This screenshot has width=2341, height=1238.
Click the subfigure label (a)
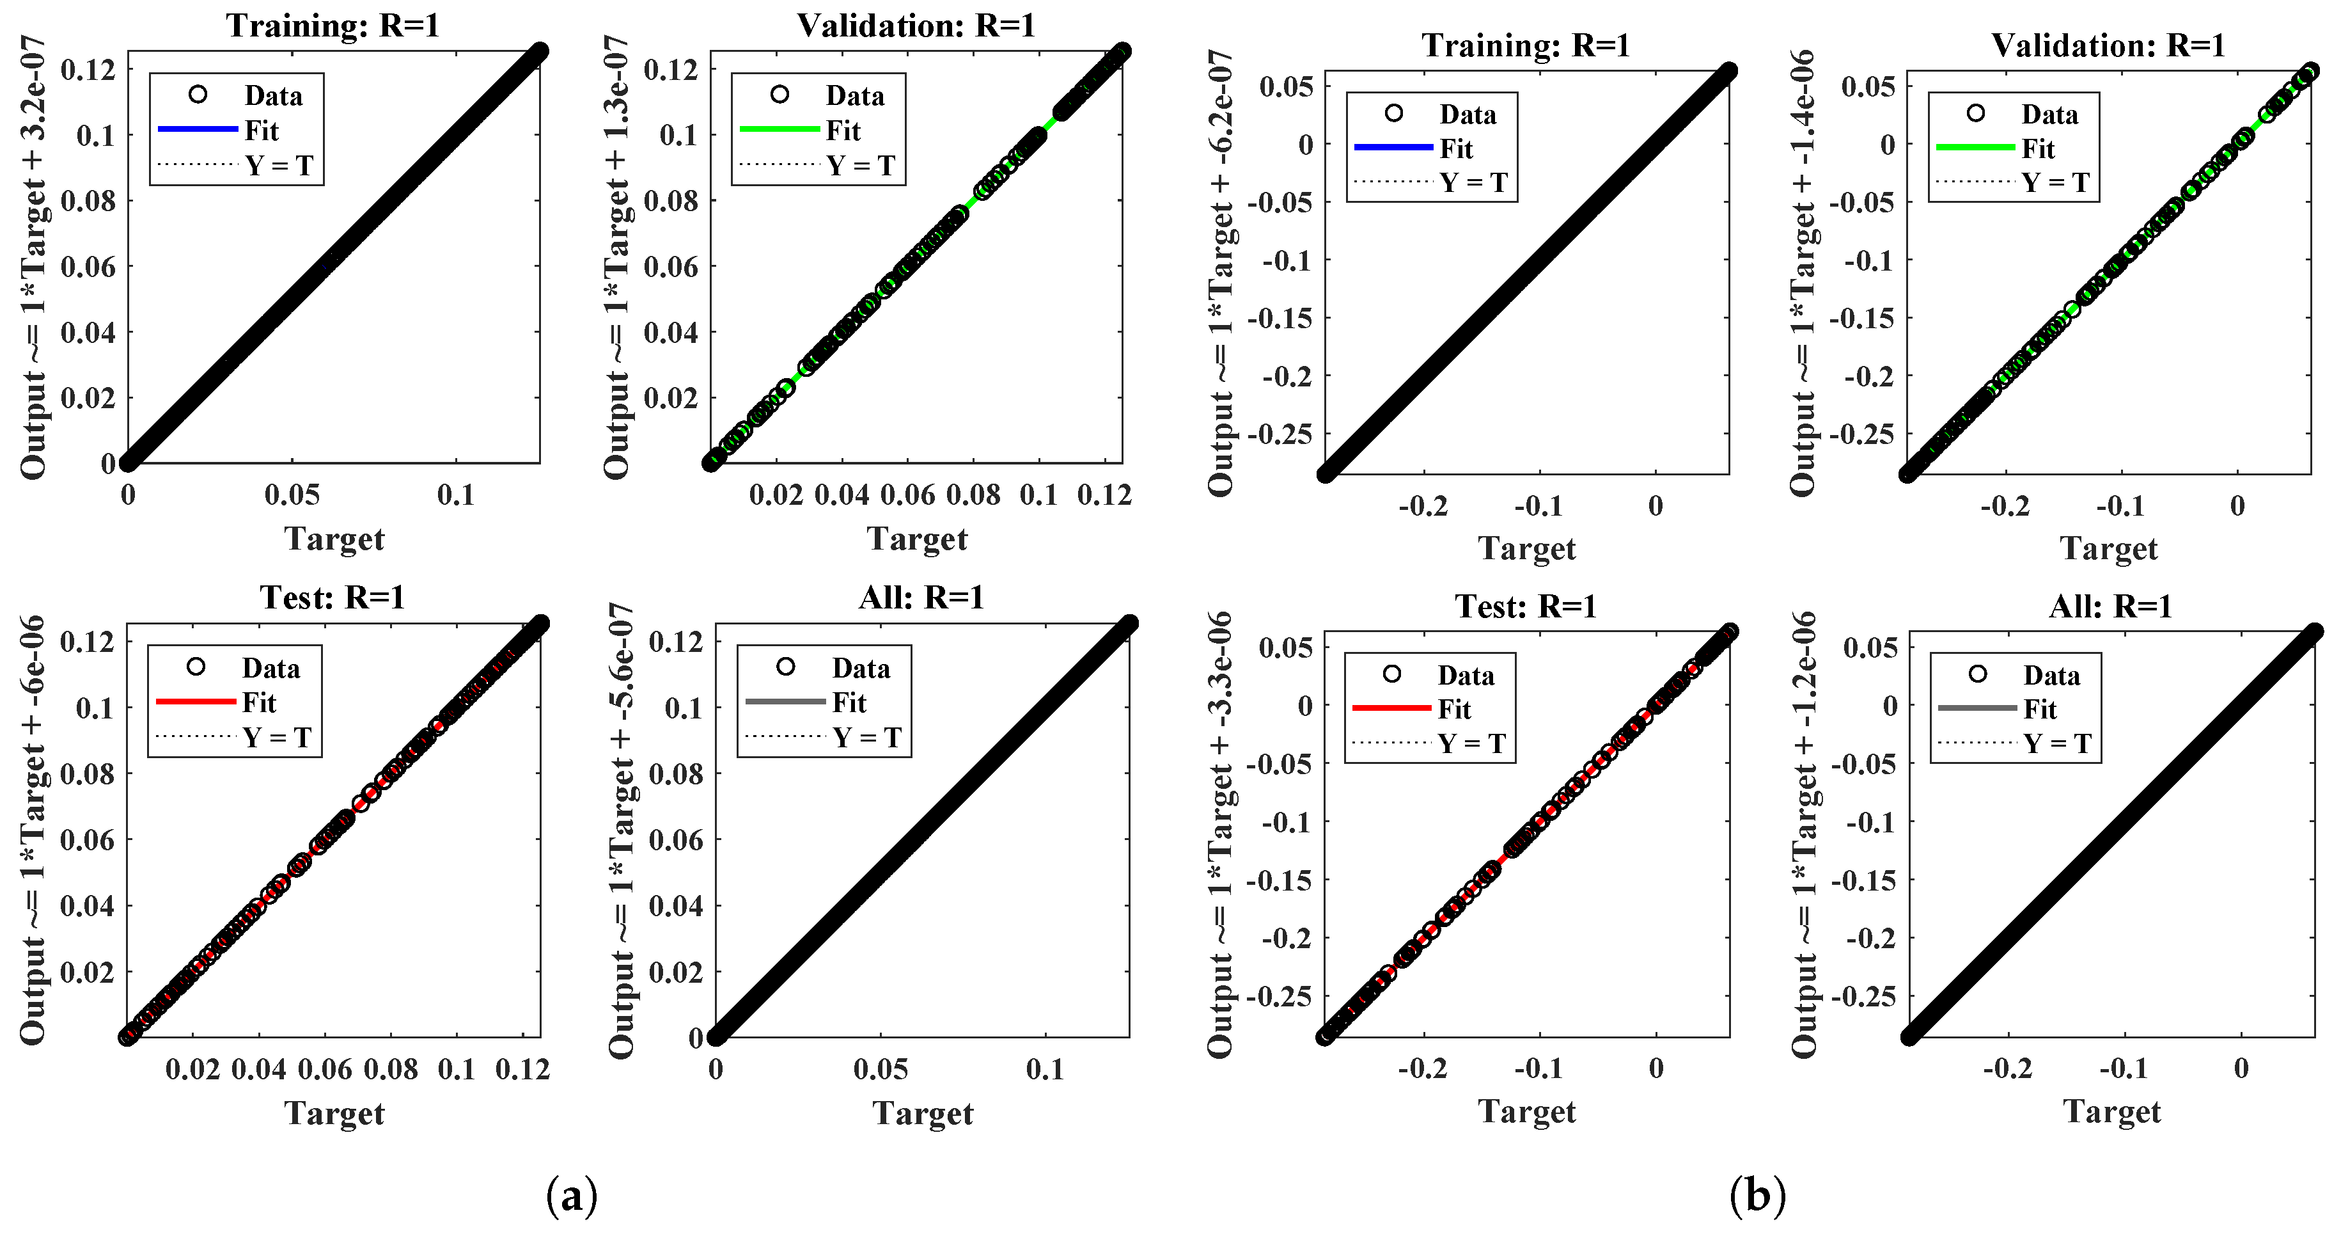coord(572,1196)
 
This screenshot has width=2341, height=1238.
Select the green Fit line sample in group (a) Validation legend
coord(779,130)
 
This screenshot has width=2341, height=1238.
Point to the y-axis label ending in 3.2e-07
coord(34,257)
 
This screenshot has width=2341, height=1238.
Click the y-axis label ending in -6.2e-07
coord(1221,273)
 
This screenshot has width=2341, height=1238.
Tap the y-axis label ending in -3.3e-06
coord(1221,834)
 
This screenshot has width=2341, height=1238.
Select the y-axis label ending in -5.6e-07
coord(622,830)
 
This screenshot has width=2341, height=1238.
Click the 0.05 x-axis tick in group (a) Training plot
coord(292,495)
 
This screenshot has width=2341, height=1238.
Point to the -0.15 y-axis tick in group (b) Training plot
coord(1281,318)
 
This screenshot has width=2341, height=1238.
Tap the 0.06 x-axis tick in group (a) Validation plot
coord(907,495)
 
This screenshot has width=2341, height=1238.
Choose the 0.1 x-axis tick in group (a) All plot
coord(1044,1070)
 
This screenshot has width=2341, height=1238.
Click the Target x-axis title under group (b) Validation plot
coord(2108,549)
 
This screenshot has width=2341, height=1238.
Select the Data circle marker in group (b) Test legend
coord(1391,674)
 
